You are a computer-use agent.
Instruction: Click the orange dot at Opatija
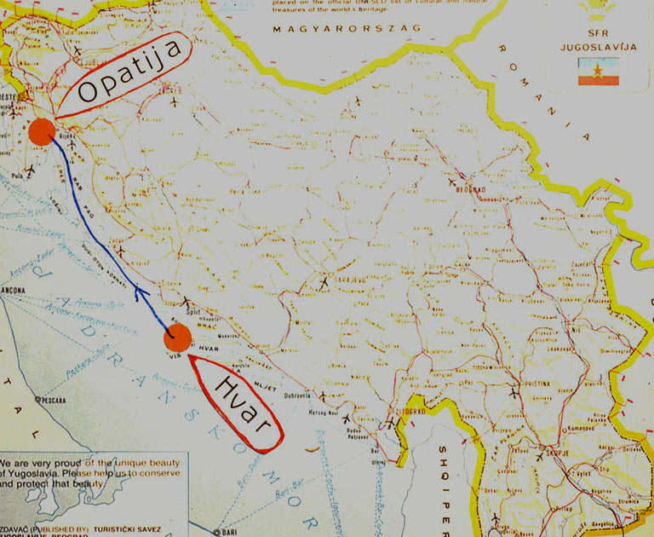tap(41, 132)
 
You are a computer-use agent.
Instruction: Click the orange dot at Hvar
tap(177, 338)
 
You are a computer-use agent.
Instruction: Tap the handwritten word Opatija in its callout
tap(131, 73)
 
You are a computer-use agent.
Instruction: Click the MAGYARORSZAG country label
tap(347, 29)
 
